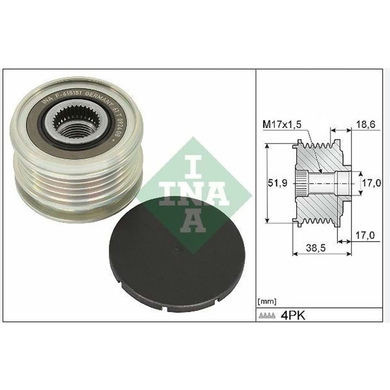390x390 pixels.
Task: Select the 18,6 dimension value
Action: [x=366, y=125]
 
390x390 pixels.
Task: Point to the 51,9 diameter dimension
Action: [x=278, y=183]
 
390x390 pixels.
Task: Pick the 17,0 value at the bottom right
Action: [x=365, y=235]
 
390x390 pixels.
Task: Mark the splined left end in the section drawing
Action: [x=301, y=183]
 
